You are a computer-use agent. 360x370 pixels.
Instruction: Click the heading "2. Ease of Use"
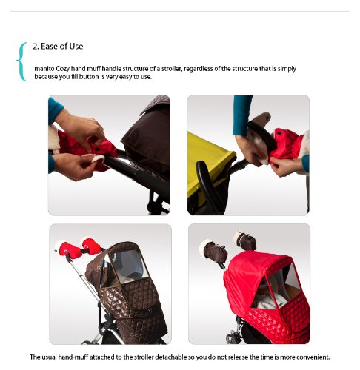click(x=58, y=47)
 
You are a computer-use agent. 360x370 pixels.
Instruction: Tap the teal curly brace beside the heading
click(x=21, y=61)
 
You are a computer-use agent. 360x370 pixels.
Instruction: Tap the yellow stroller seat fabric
click(x=209, y=161)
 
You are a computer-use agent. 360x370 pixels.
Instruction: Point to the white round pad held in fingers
click(x=97, y=158)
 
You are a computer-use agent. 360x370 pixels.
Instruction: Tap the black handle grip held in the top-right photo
click(x=262, y=135)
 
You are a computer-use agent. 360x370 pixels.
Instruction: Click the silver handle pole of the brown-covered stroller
click(x=83, y=279)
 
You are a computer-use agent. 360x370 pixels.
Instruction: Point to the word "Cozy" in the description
click(x=63, y=69)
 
